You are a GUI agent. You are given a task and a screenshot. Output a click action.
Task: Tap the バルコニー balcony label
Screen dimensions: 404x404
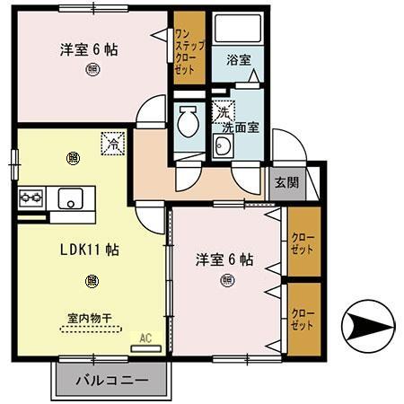pyautogui.click(x=111, y=381)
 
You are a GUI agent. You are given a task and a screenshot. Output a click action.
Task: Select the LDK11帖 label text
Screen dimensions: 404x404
pyautogui.click(x=91, y=250)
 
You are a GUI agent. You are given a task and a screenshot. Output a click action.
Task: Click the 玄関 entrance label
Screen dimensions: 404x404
pyautogui.click(x=287, y=182)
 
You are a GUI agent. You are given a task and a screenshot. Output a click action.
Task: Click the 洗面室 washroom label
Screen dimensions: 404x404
pyautogui.click(x=241, y=127)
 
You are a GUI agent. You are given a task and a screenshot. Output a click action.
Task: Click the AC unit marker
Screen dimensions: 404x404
pyautogui.click(x=143, y=338)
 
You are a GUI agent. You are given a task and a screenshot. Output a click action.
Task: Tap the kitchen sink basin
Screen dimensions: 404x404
pyautogui.click(x=68, y=198)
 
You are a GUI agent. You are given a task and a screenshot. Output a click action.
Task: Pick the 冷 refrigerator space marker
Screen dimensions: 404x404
pyautogui.click(x=113, y=142)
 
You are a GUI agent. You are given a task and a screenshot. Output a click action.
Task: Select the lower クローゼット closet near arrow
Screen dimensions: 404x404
pyautogui.click(x=302, y=321)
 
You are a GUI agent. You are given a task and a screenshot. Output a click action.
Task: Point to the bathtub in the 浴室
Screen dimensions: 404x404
pyautogui.click(x=238, y=36)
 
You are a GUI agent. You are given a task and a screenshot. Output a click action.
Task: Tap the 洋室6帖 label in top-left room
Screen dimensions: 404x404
pyautogui.click(x=89, y=51)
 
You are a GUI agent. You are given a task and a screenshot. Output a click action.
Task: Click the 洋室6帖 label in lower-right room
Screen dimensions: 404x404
pyautogui.click(x=224, y=259)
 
